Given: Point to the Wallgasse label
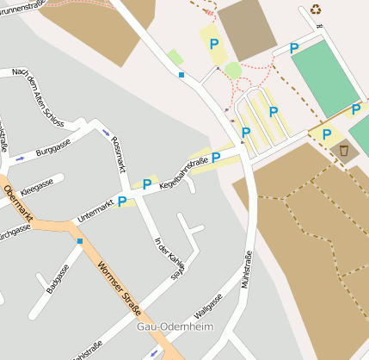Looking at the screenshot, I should tap(209, 305).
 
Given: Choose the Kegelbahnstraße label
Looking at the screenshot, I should tap(183, 168).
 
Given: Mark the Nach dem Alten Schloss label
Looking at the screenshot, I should tap(39, 97).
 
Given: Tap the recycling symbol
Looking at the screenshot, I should tap(316, 10).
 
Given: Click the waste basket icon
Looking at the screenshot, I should tap(344, 151).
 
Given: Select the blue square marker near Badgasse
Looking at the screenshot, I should tap(80, 241).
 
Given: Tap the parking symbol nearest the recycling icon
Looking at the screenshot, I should tap(294, 48).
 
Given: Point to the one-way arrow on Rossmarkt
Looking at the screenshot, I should tap(106, 133).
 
